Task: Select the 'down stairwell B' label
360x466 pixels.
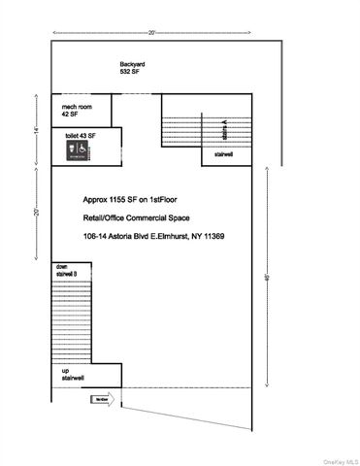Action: point(65,270)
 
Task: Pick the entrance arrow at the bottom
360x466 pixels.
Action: point(104,399)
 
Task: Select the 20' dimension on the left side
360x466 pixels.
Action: point(34,213)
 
